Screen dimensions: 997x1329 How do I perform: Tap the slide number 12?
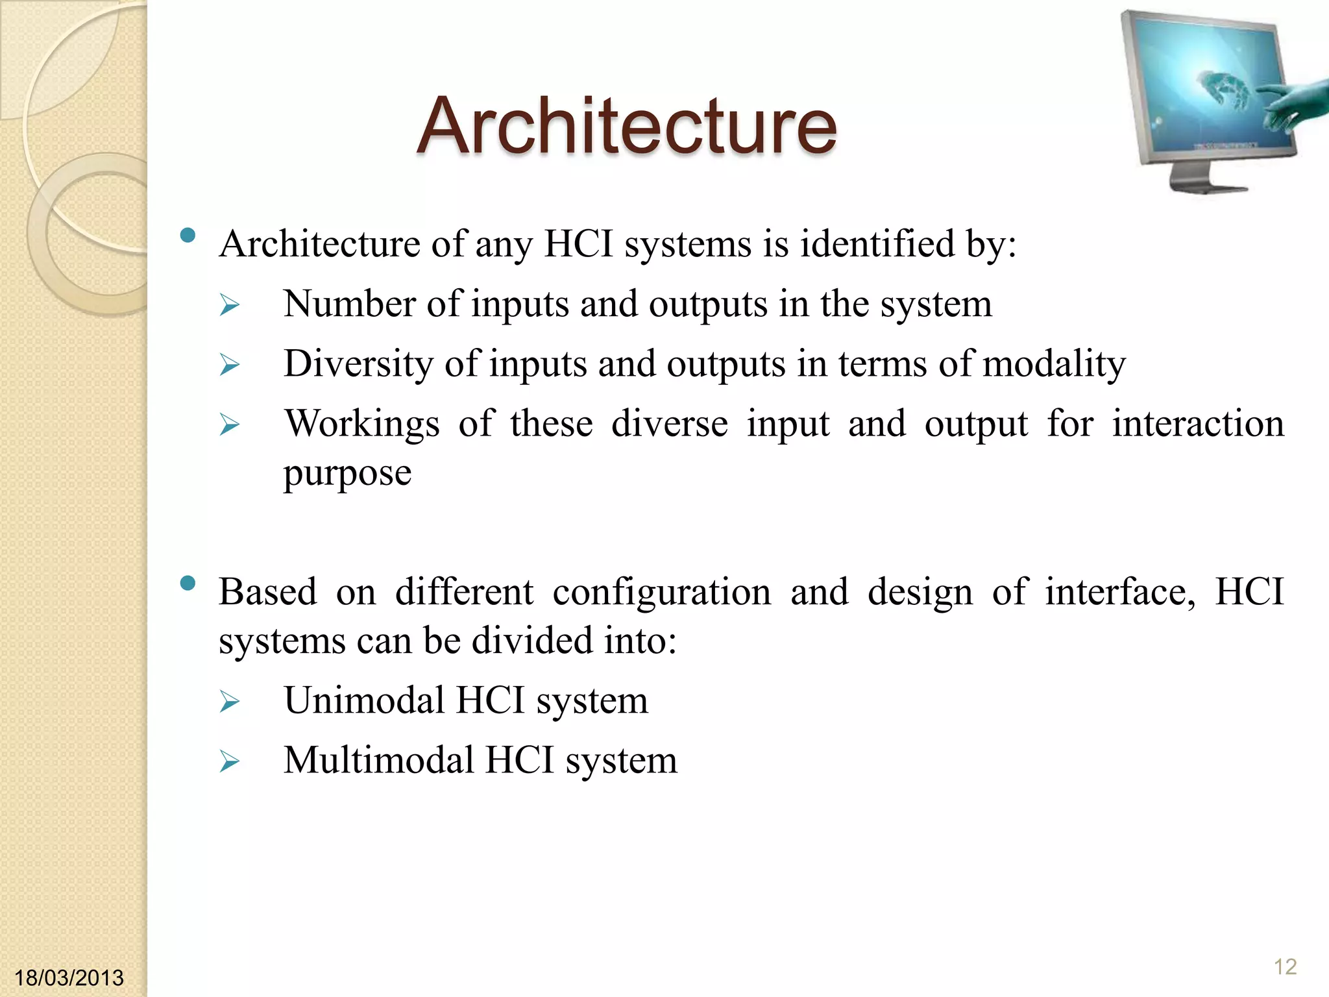[1285, 966]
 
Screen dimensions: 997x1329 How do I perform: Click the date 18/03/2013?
[69, 978]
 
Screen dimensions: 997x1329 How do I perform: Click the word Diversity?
[358, 363]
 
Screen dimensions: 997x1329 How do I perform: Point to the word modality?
[1054, 363]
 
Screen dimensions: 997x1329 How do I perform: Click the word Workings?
[362, 423]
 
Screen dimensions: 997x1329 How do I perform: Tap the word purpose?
[347, 473]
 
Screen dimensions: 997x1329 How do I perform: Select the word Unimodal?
[364, 700]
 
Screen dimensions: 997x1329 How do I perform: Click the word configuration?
[662, 592]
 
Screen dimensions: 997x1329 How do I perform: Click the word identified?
[877, 244]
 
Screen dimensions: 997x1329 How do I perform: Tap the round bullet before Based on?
[188, 584]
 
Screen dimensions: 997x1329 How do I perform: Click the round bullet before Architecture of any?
[188, 236]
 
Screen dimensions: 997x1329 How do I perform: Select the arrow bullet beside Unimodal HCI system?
[230, 702]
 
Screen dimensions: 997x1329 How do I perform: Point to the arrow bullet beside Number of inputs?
[230, 305]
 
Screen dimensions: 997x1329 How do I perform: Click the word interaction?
[1198, 423]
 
